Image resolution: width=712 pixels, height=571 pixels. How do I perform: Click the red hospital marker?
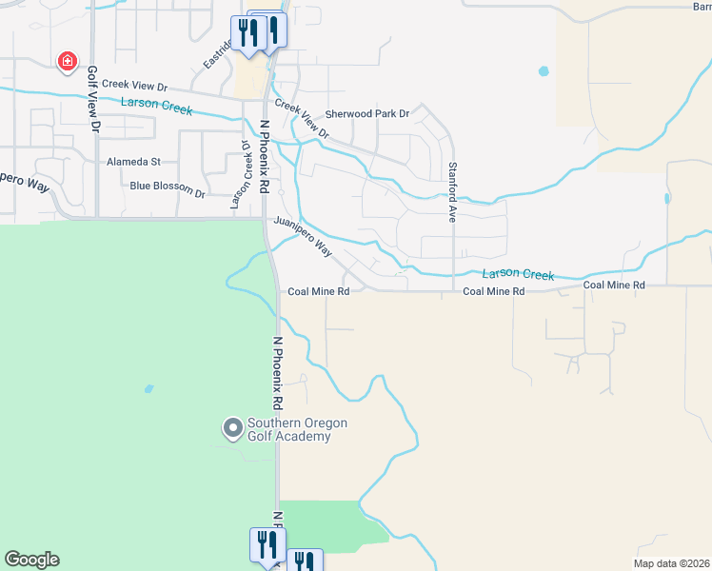pyautogui.click(x=68, y=63)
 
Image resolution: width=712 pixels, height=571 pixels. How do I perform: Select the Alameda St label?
pyautogui.click(x=133, y=163)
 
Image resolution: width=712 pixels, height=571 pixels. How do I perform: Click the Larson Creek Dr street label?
pyautogui.click(x=238, y=175)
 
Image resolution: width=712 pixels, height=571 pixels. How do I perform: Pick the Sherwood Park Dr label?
pyautogui.click(x=366, y=113)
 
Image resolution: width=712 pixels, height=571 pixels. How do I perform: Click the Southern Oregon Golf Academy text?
pyautogui.click(x=297, y=429)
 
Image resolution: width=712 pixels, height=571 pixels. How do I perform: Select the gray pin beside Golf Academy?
pyautogui.click(x=232, y=429)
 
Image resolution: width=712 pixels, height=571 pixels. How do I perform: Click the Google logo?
pyautogui.click(x=31, y=560)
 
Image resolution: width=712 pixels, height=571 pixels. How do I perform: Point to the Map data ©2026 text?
pyautogui.click(x=671, y=563)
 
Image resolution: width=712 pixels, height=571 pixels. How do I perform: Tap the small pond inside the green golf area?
pyautogui.click(x=148, y=388)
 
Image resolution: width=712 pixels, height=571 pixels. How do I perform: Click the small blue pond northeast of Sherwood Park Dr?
pyautogui.click(x=544, y=70)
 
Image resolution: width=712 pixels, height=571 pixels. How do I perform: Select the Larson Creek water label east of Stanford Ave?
pyautogui.click(x=517, y=275)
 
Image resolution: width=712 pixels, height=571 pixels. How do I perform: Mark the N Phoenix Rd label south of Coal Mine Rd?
pyautogui.click(x=278, y=371)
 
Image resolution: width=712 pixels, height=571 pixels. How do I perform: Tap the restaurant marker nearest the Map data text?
pyautogui.click(x=304, y=561)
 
